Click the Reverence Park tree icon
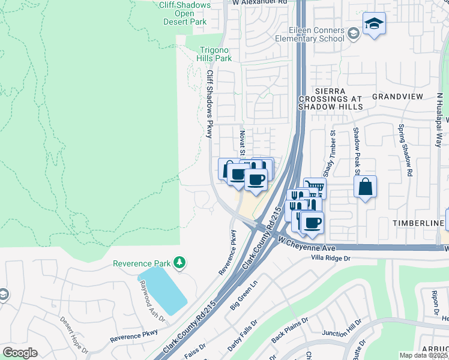click(179, 263)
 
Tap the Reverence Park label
click(142, 263)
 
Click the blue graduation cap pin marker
click(374, 24)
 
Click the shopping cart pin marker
click(315, 188)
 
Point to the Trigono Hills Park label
click(214, 55)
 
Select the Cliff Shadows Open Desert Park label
click(185, 13)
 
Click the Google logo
click(20, 353)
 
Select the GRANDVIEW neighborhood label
click(397, 96)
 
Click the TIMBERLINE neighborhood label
click(418, 223)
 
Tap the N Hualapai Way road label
click(439, 120)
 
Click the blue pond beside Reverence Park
click(163, 289)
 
